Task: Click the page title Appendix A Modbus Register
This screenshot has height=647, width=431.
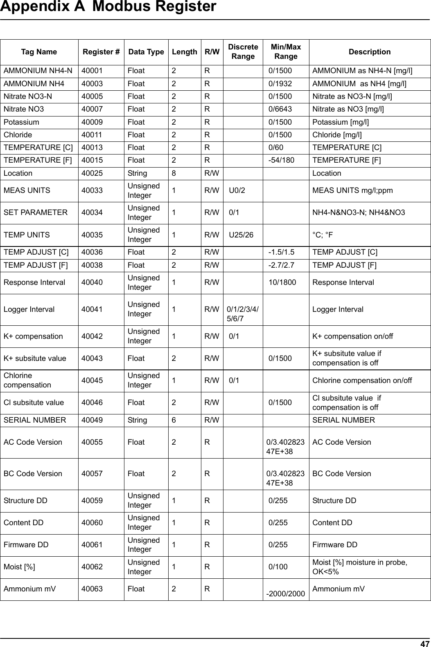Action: tap(108, 7)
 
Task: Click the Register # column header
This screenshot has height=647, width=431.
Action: tap(101, 52)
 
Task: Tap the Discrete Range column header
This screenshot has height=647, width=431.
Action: tap(243, 52)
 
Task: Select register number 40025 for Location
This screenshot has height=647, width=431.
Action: tap(93, 173)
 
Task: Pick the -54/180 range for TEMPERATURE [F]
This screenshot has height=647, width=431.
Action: tap(281, 160)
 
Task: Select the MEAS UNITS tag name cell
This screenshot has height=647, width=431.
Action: tap(27, 190)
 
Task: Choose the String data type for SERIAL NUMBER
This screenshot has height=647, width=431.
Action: tap(138, 420)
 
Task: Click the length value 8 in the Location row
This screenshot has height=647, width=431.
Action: tap(174, 173)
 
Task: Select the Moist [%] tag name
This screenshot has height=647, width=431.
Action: tap(19, 567)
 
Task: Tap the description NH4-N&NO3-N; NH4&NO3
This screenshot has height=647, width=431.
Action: tap(359, 213)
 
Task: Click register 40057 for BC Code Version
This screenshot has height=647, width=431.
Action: tap(93, 474)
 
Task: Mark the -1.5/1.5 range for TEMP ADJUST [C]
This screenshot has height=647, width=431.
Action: tap(281, 252)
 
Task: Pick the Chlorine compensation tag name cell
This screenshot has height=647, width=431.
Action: tap(27, 380)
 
